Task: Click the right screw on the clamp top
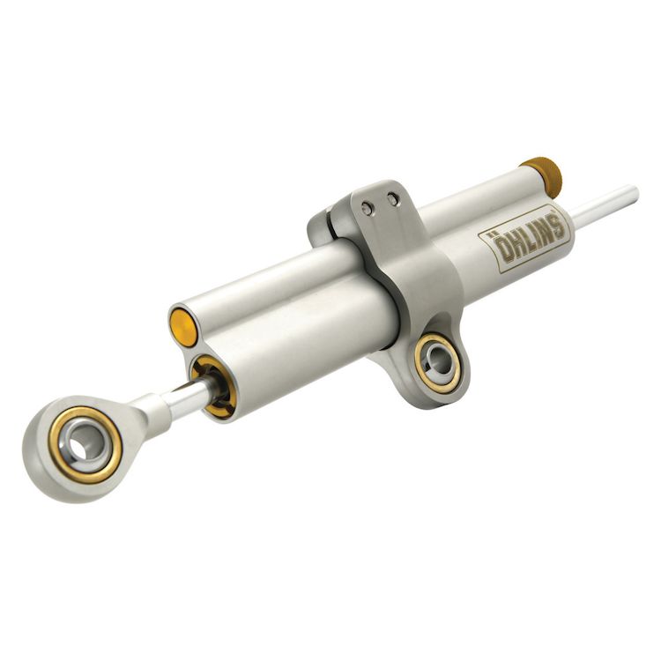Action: [393, 200]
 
